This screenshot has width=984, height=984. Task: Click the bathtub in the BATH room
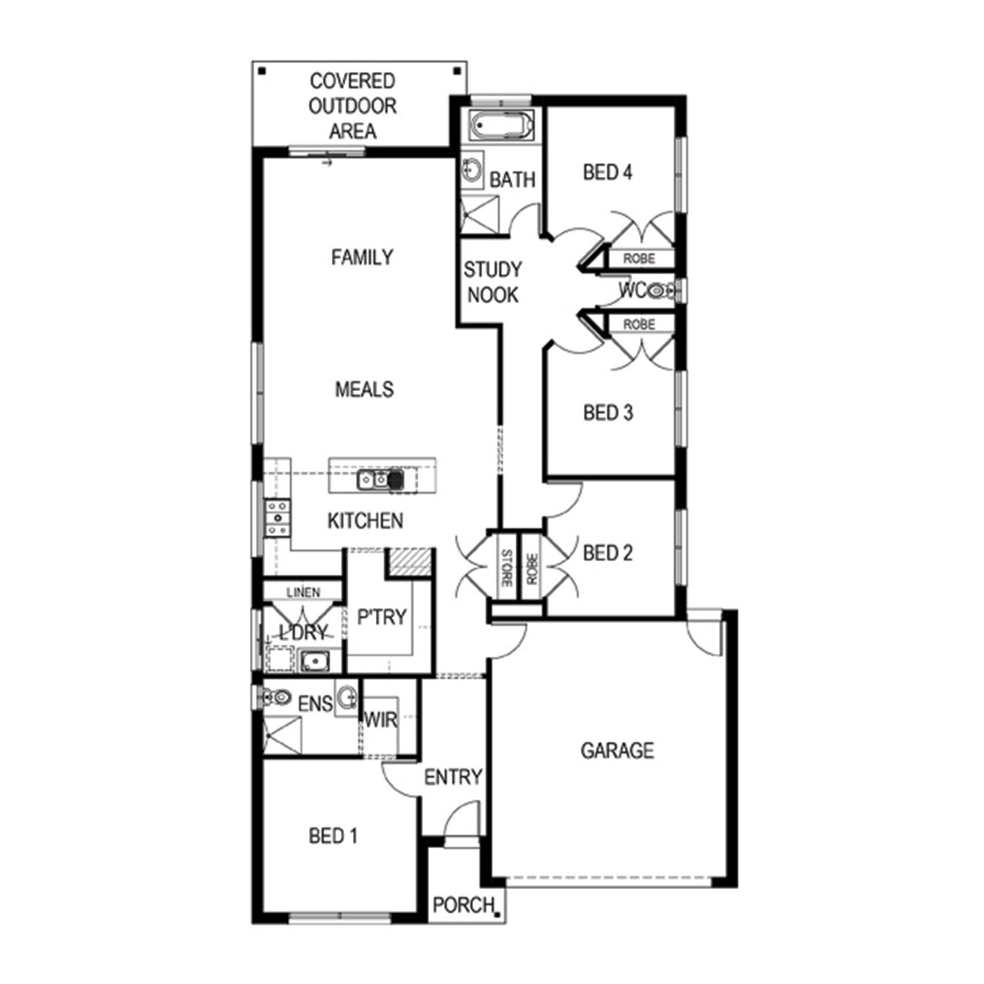click(502, 125)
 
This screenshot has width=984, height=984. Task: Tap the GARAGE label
click(617, 750)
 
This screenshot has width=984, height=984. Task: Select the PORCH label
click(463, 905)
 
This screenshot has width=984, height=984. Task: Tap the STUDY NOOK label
click(493, 282)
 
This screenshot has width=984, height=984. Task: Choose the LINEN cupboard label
click(303, 592)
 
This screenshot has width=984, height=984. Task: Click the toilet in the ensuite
click(276, 697)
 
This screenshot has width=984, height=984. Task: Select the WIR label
click(380, 720)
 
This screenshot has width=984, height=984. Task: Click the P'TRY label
click(382, 617)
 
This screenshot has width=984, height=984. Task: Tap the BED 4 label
click(607, 173)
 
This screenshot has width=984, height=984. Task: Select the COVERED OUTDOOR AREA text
click(353, 106)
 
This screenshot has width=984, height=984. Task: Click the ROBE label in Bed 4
click(639, 258)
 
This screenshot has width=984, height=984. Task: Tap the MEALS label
click(365, 389)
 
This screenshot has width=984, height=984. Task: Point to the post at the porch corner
click(498, 914)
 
